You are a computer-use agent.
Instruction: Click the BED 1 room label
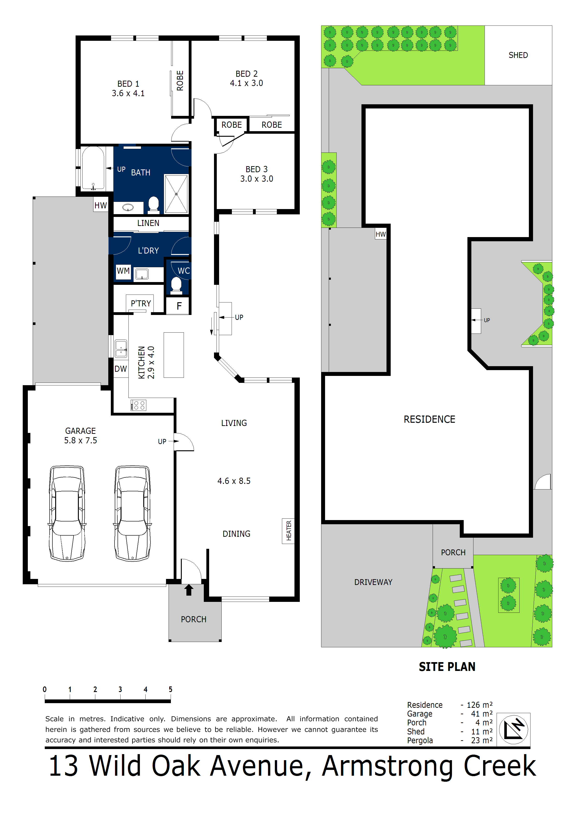tap(128, 84)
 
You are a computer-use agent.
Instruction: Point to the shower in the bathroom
tap(176, 194)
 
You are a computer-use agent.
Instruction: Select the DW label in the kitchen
tap(121, 369)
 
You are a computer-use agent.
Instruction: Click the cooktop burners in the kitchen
tap(138, 405)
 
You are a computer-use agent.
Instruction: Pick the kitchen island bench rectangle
tap(174, 355)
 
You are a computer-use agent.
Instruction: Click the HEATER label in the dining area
tap(288, 531)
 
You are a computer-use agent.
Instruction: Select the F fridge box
tap(179, 306)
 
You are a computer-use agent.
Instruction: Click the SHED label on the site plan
tap(518, 55)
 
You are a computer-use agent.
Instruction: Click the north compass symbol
tap(513, 730)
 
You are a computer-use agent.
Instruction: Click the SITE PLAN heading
tap(447, 667)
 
